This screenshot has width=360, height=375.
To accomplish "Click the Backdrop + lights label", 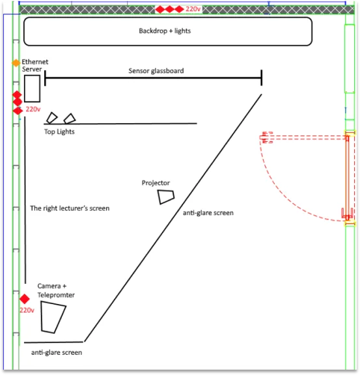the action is pyautogui.click(x=165, y=31).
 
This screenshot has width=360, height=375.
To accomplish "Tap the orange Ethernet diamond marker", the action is pyautogui.click(x=16, y=63).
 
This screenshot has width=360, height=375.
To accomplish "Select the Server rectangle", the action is pyautogui.click(x=32, y=89).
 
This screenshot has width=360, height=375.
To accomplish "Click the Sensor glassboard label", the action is pyautogui.click(x=156, y=71).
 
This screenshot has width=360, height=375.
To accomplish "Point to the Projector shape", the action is pyautogui.click(x=166, y=197).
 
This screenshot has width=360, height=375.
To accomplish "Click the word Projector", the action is pyautogui.click(x=156, y=183).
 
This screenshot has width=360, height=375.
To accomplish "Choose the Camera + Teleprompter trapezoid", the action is pyautogui.click(x=53, y=317).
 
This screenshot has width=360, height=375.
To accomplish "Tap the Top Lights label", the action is pyautogui.click(x=59, y=132).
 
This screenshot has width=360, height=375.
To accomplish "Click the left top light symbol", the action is pyautogui.click(x=52, y=118).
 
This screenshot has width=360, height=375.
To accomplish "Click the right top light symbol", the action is pyautogui.click(x=70, y=118).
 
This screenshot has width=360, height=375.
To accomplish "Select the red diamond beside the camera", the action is pyautogui.click(x=24, y=299).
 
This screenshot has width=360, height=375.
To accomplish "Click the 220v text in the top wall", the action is pyautogui.click(x=193, y=9).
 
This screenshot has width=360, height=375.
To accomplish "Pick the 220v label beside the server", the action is pyautogui.click(x=33, y=109).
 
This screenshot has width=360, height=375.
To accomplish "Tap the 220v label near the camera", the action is pyautogui.click(x=27, y=310).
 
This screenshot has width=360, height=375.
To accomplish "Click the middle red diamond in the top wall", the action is pyautogui.click(x=169, y=10).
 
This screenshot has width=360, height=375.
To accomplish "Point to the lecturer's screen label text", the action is pyautogui.click(x=70, y=208).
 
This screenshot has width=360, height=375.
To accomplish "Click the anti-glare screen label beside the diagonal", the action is pyautogui.click(x=208, y=213).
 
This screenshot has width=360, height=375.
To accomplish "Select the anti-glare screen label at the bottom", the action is pyautogui.click(x=57, y=352).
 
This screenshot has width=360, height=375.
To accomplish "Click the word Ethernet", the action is pyautogui.click(x=35, y=62).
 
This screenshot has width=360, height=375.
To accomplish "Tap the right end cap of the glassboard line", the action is pyautogui.click(x=262, y=77).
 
